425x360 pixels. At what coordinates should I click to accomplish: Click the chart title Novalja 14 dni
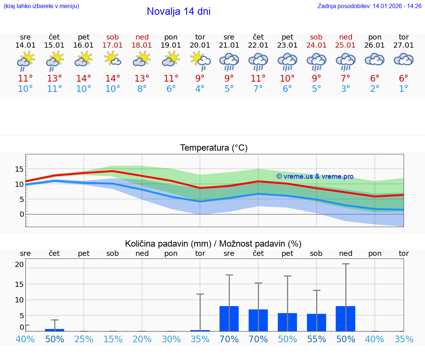(x=179, y=11)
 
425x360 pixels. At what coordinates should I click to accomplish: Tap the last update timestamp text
(x=369, y=6)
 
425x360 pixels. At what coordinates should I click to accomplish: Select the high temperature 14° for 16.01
(x=84, y=78)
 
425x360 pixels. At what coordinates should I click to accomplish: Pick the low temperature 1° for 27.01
(x=404, y=89)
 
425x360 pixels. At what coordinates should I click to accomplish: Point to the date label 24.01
(x=317, y=45)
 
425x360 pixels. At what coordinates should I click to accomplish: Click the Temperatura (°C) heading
(x=214, y=148)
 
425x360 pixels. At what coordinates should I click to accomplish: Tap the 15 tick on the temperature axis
(x=19, y=169)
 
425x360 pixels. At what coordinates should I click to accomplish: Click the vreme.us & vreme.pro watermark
(x=315, y=176)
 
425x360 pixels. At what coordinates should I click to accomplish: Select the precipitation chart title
(x=213, y=244)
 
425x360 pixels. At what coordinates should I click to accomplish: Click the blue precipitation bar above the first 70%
(x=229, y=319)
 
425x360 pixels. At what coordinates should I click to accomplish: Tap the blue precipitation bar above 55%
(x=317, y=322)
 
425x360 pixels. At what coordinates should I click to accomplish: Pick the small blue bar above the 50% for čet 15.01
(x=55, y=330)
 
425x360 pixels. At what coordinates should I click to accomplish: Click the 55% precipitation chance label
(x=317, y=339)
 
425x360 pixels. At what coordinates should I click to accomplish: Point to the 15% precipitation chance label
(x=113, y=339)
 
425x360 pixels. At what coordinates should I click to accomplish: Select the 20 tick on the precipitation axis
(x=19, y=264)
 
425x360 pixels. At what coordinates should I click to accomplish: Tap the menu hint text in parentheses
(x=41, y=6)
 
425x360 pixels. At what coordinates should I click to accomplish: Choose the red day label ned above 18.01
(x=142, y=37)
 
